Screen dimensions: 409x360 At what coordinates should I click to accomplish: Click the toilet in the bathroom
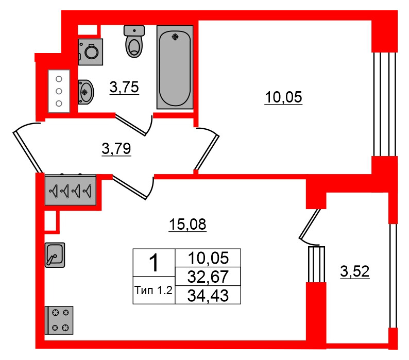coord(134,41)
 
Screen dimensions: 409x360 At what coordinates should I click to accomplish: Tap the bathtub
coord(175,67)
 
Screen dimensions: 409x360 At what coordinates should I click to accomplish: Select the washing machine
coord(90,52)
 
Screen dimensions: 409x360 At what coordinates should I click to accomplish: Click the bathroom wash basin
coord(86,92)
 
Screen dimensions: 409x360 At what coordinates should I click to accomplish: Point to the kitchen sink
coord(55,255)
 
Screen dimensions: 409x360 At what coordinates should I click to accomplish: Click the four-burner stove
coord(59,320)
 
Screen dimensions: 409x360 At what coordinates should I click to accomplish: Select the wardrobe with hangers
coord(71,190)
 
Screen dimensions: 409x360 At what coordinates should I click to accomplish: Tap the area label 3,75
coord(124,88)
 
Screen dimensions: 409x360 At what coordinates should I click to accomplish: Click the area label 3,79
coord(116,149)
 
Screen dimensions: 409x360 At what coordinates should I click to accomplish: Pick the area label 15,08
coord(188,225)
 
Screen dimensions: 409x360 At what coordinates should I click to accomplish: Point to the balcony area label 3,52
coord(355,271)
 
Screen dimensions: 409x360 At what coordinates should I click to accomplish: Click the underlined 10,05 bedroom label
coord(283,97)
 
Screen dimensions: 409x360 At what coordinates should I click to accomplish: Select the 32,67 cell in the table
coord(208,277)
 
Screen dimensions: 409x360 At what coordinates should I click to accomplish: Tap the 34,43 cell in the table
coord(208,295)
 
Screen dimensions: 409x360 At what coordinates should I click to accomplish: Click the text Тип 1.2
coord(154,290)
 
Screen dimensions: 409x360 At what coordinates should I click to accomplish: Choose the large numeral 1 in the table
coord(154,263)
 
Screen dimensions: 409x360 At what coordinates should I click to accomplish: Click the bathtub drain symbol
coord(175,37)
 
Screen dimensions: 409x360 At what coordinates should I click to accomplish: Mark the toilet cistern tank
coord(134,31)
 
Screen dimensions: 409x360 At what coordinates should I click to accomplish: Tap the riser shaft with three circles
coord(59,91)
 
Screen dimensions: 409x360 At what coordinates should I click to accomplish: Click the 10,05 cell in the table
coord(208,258)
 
